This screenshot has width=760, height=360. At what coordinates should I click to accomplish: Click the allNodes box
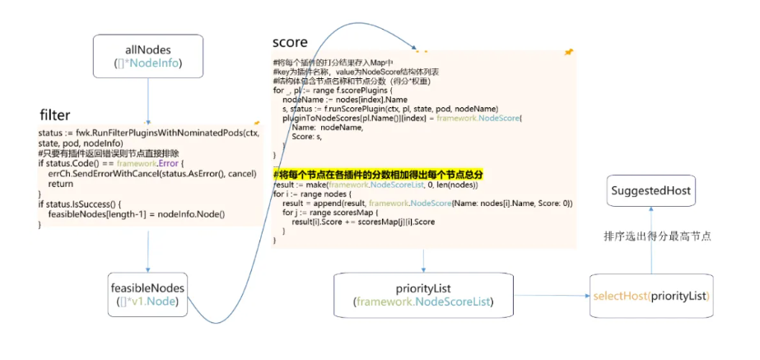pyautogui.click(x=147, y=55)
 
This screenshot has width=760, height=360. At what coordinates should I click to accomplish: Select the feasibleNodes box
pyautogui.click(x=148, y=295)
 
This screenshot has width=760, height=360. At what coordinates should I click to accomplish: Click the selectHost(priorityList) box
pyautogui.click(x=651, y=295)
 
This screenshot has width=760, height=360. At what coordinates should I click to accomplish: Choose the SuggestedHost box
pyautogui.click(x=651, y=192)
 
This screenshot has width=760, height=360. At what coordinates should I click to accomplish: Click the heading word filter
pyautogui.click(x=55, y=115)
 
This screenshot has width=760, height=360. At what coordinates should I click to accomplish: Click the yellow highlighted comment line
pyautogui.click(x=378, y=175)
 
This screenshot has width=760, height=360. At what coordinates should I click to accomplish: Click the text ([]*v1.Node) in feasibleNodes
pyautogui.click(x=148, y=302)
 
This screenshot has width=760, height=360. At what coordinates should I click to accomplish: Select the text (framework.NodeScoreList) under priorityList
pyautogui.click(x=424, y=302)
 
